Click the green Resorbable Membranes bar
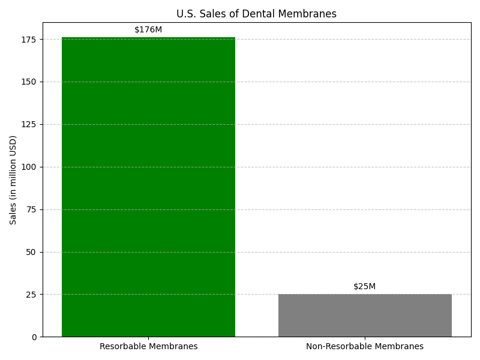148,187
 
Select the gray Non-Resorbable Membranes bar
365,316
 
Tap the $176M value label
148,29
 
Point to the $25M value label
364,287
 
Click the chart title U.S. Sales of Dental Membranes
257,14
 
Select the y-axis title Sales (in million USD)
13,180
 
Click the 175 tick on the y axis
28,40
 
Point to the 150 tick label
28,82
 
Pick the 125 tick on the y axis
28,125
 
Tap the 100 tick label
28,167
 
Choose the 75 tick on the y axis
31,209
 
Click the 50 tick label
31,252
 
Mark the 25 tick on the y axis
31,295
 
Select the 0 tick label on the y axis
34,337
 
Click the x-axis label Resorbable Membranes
148,346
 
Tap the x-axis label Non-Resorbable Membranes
365,346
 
